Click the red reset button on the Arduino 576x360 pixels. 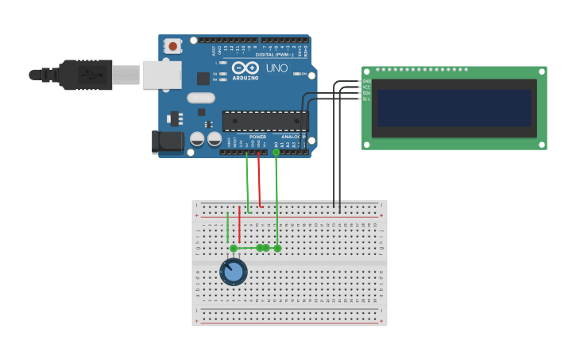[173, 46]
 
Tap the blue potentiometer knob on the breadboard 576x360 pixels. [234, 273]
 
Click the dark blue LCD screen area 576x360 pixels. [454, 108]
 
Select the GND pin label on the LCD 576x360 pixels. [367, 81]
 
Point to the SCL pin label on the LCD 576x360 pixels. [367, 99]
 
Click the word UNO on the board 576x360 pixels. [276, 68]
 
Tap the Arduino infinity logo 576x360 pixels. [245, 68]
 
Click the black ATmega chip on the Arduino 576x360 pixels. [265, 121]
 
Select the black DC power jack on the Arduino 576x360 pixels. [167, 141]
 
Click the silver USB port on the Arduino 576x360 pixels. [161, 75]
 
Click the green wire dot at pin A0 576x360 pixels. [276, 152]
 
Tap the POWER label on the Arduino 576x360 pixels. [257, 137]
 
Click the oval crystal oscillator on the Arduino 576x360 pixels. [201, 98]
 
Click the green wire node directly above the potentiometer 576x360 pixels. [234, 248]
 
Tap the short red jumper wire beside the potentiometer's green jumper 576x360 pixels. [239, 224]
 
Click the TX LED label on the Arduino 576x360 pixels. [215, 73]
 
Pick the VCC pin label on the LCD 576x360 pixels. [367, 87]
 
